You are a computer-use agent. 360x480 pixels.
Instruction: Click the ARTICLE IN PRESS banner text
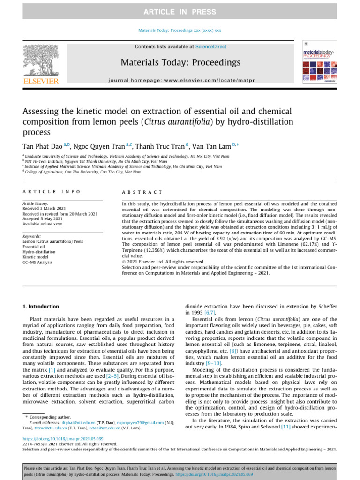tap(180, 12)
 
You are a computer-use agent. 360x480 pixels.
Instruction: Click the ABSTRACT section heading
tap(142, 192)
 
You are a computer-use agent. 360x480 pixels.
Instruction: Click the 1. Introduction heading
tap(41, 307)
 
